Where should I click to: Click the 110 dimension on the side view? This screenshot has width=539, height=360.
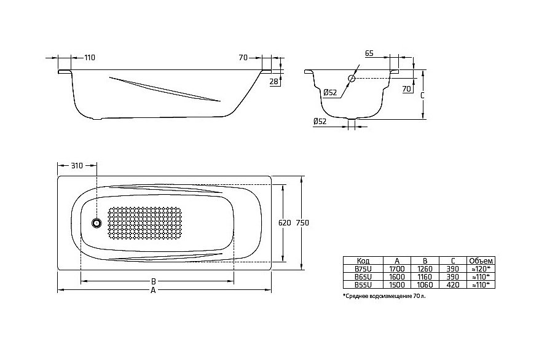pos(90,57)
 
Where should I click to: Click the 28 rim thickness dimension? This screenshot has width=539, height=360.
pos(273,80)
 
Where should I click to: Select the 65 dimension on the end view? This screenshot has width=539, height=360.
pos(369,54)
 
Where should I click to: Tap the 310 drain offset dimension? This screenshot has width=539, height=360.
pos(76,166)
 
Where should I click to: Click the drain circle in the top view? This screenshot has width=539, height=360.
pos(96,224)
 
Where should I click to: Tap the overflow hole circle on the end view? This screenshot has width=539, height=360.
pos(352,79)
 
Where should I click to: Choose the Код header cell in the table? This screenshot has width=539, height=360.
pos(363,260)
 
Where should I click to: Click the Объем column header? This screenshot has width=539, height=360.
pos(479,260)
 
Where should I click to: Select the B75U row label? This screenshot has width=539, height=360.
pos(363,268)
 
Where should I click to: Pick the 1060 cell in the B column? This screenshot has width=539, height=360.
pos(424,285)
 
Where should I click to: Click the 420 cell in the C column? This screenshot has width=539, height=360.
pos(452,285)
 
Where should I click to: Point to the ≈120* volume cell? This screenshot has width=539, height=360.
pos(479,268)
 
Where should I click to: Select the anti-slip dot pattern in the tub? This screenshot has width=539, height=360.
pos(145,223)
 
